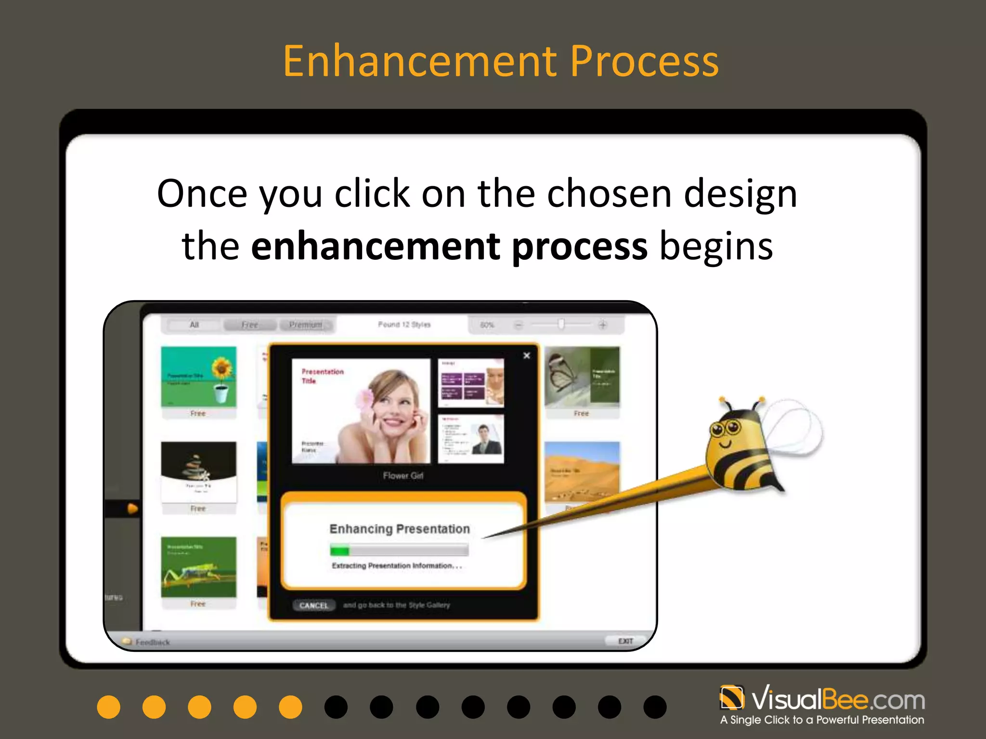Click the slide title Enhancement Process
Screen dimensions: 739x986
point(501,61)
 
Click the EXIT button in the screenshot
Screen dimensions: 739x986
point(625,641)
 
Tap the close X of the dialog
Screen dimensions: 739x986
point(526,356)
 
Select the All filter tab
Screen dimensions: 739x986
point(194,325)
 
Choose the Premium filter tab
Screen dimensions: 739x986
point(306,325)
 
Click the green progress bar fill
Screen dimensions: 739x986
point(339,550)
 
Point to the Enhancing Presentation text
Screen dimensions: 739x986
point(400,529)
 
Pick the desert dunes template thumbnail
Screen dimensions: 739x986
point(582,471)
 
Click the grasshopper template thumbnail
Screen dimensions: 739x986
point(198,567)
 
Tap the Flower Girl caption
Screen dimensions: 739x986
point(403,475)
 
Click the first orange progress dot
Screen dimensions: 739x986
point(109,707)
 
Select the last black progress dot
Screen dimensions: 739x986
point(655,707)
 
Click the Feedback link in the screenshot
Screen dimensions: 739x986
point(152,642)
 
